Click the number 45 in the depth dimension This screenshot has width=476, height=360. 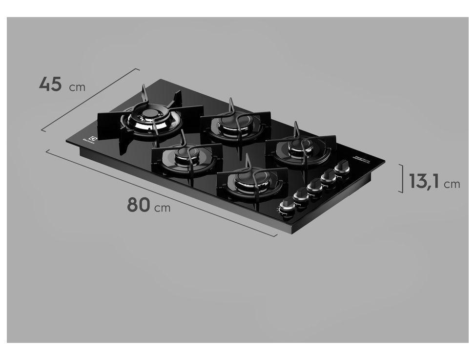click(50, 84)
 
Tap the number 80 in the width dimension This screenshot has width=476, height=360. click(138, 205)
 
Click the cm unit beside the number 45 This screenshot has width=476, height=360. click(77, 88)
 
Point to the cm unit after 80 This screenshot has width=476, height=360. click(163, 208)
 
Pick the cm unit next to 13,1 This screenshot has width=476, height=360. click(452, 184)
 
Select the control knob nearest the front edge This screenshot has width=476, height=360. click(286, 207)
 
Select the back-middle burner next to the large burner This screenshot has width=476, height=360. click(229, 123)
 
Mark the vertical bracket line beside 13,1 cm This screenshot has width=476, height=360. click(401, 178)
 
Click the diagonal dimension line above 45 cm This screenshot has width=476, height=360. click(90, 100)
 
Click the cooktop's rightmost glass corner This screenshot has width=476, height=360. click(384, 161)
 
